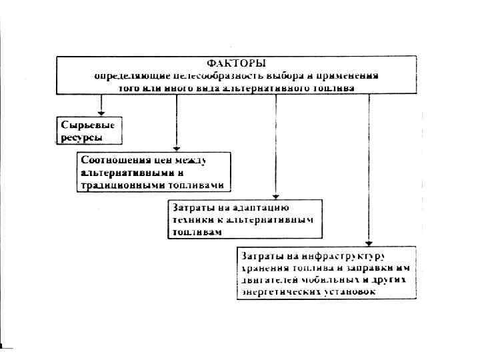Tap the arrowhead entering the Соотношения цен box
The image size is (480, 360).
175,148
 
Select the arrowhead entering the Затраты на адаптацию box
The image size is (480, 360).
275,195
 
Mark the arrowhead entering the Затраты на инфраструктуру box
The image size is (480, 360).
367,242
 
